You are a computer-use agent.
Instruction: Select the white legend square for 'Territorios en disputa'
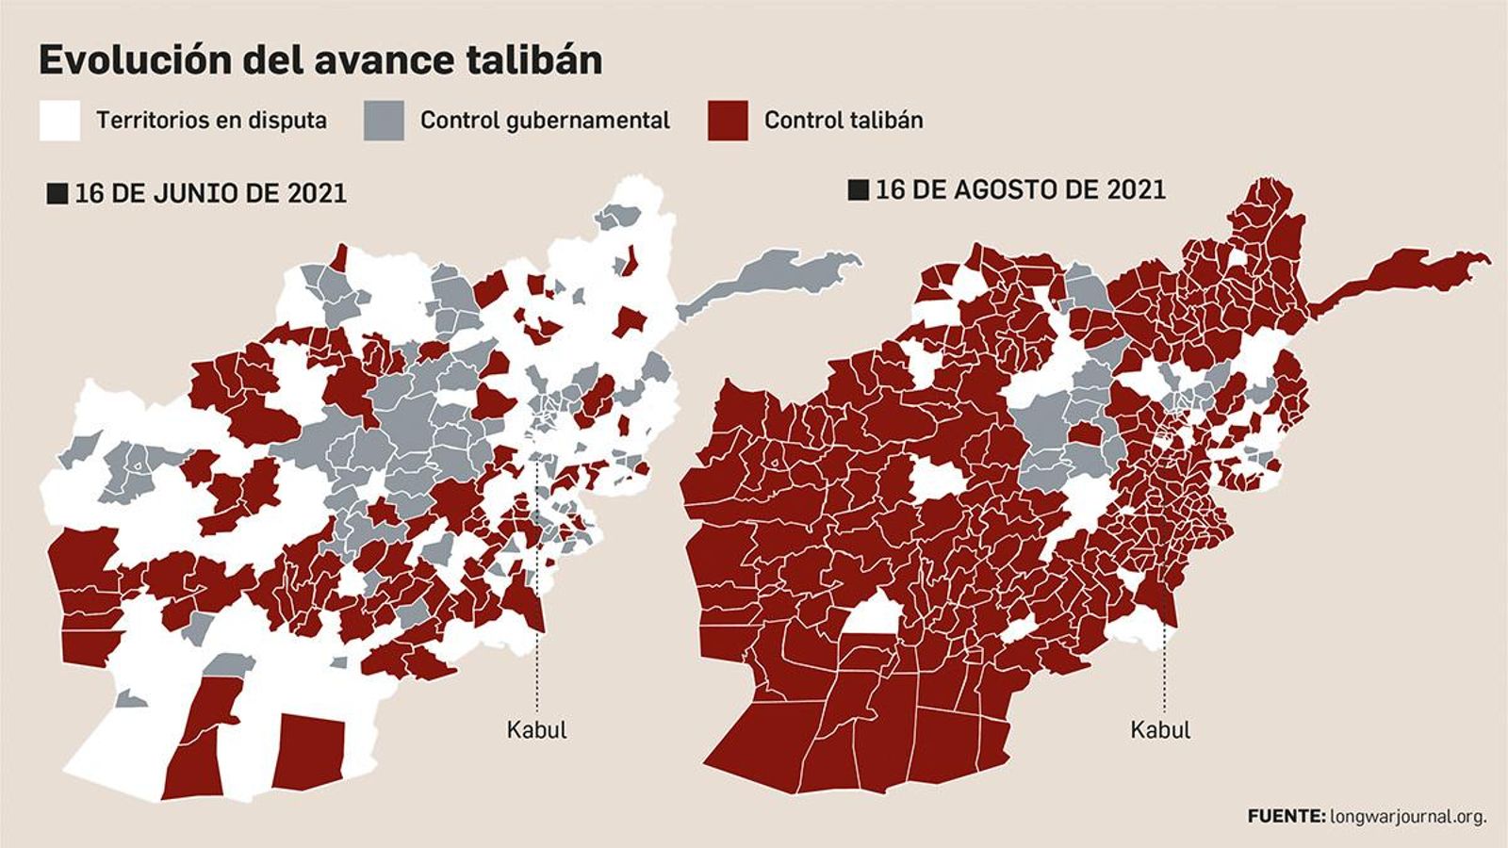point(59,121)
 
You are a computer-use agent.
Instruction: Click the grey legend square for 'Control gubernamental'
point(384,121)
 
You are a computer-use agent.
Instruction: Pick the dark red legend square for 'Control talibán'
point(727,121)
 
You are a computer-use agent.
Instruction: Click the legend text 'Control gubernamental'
point(545,121)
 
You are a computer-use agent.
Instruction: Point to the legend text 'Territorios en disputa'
point(211,121)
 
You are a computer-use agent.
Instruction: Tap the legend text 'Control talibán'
point(844,121)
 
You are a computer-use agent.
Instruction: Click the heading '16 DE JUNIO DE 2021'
point(210,194)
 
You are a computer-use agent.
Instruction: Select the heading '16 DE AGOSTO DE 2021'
point(1021,189)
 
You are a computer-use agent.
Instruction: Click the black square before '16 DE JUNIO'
point(57,194)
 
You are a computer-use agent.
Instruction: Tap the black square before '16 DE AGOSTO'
point(858,190)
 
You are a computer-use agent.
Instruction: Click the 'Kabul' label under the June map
point(536,729)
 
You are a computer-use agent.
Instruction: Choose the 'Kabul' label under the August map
point(1160,729)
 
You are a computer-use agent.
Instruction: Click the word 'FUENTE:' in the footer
point(1286,816)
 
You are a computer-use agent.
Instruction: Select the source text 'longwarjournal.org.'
point(1408,816)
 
